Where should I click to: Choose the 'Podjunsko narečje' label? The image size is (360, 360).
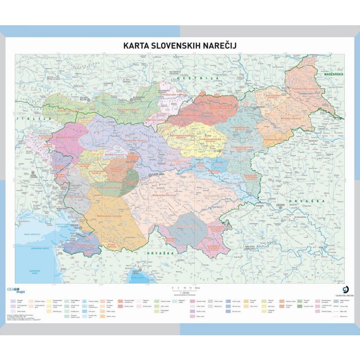(173, 95)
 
